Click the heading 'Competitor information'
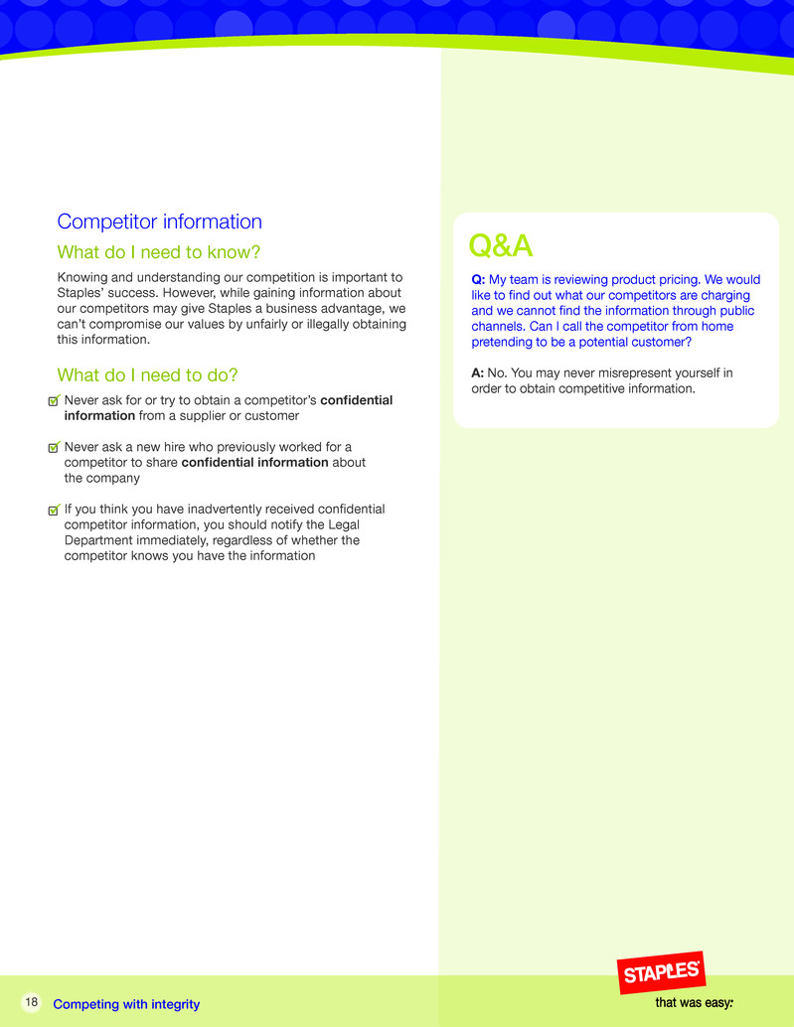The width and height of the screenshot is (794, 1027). click(160, 221)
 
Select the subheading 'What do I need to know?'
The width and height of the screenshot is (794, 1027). click(159, 252)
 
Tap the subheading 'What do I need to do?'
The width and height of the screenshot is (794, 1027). click(148, 375)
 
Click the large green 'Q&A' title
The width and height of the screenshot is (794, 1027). click(501, 244)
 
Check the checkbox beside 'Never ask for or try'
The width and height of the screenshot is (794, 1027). click(55, 400)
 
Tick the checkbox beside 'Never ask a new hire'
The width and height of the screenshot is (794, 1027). click(55, 447)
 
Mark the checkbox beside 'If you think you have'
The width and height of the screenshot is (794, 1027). click(55, 510)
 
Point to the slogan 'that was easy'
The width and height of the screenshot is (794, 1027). click(694, 1003)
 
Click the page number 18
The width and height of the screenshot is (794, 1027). click(32, 1002)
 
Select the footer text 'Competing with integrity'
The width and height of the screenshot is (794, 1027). click(126, 1004)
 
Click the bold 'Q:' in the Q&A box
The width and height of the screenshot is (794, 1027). click(478, 280)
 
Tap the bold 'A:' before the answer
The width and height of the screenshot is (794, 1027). click(478, 373)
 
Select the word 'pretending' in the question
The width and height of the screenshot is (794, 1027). click(502, 342)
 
